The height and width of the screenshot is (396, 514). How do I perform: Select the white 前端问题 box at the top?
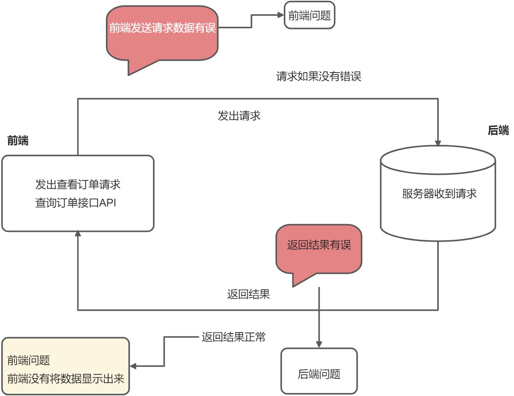pyautogui.click(x=309, y=16)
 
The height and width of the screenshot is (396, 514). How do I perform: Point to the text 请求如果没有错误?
pyautogui.click(x=319, y=76)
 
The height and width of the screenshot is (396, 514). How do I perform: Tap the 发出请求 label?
pyautogui.click(x=239, y=116)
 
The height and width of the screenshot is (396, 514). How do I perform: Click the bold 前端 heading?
pyautogui.click(x=18, y=141)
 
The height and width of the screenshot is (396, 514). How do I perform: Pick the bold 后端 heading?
pyautogui.click(x=498, y=130)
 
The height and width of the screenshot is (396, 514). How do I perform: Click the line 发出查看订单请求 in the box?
pyautogui.click(x=78, y=185)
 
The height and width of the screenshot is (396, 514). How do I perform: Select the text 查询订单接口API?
pyautogui.click(x=76, y=203)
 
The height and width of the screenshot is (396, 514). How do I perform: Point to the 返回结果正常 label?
pyautogui.click(x=233, y=337)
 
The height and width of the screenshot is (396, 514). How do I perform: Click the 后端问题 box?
pyautogui.click(x=319, y=374)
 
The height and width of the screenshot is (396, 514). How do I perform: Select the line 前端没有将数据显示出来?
pyautogui.click(x=66, y=379)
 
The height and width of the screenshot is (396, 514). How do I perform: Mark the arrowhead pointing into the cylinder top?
pyautogui.click(x=438, y=143)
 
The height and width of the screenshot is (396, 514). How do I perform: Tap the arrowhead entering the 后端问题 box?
pyautogui.click(x=319, y=344)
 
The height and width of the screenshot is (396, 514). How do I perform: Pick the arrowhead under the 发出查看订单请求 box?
pyautogui.click(x=78, y=234)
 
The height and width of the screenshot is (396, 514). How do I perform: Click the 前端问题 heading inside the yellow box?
pyautogui.click(x=29, y=360)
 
